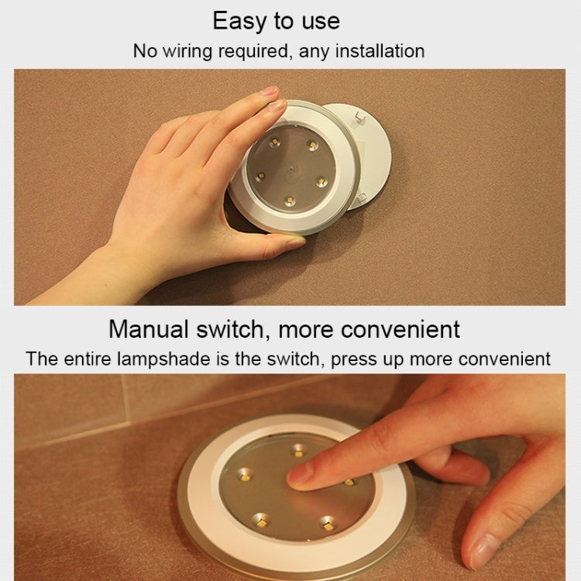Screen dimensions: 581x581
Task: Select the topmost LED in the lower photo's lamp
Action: click(299, 449)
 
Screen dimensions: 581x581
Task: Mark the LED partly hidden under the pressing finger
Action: click(349, 482)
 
